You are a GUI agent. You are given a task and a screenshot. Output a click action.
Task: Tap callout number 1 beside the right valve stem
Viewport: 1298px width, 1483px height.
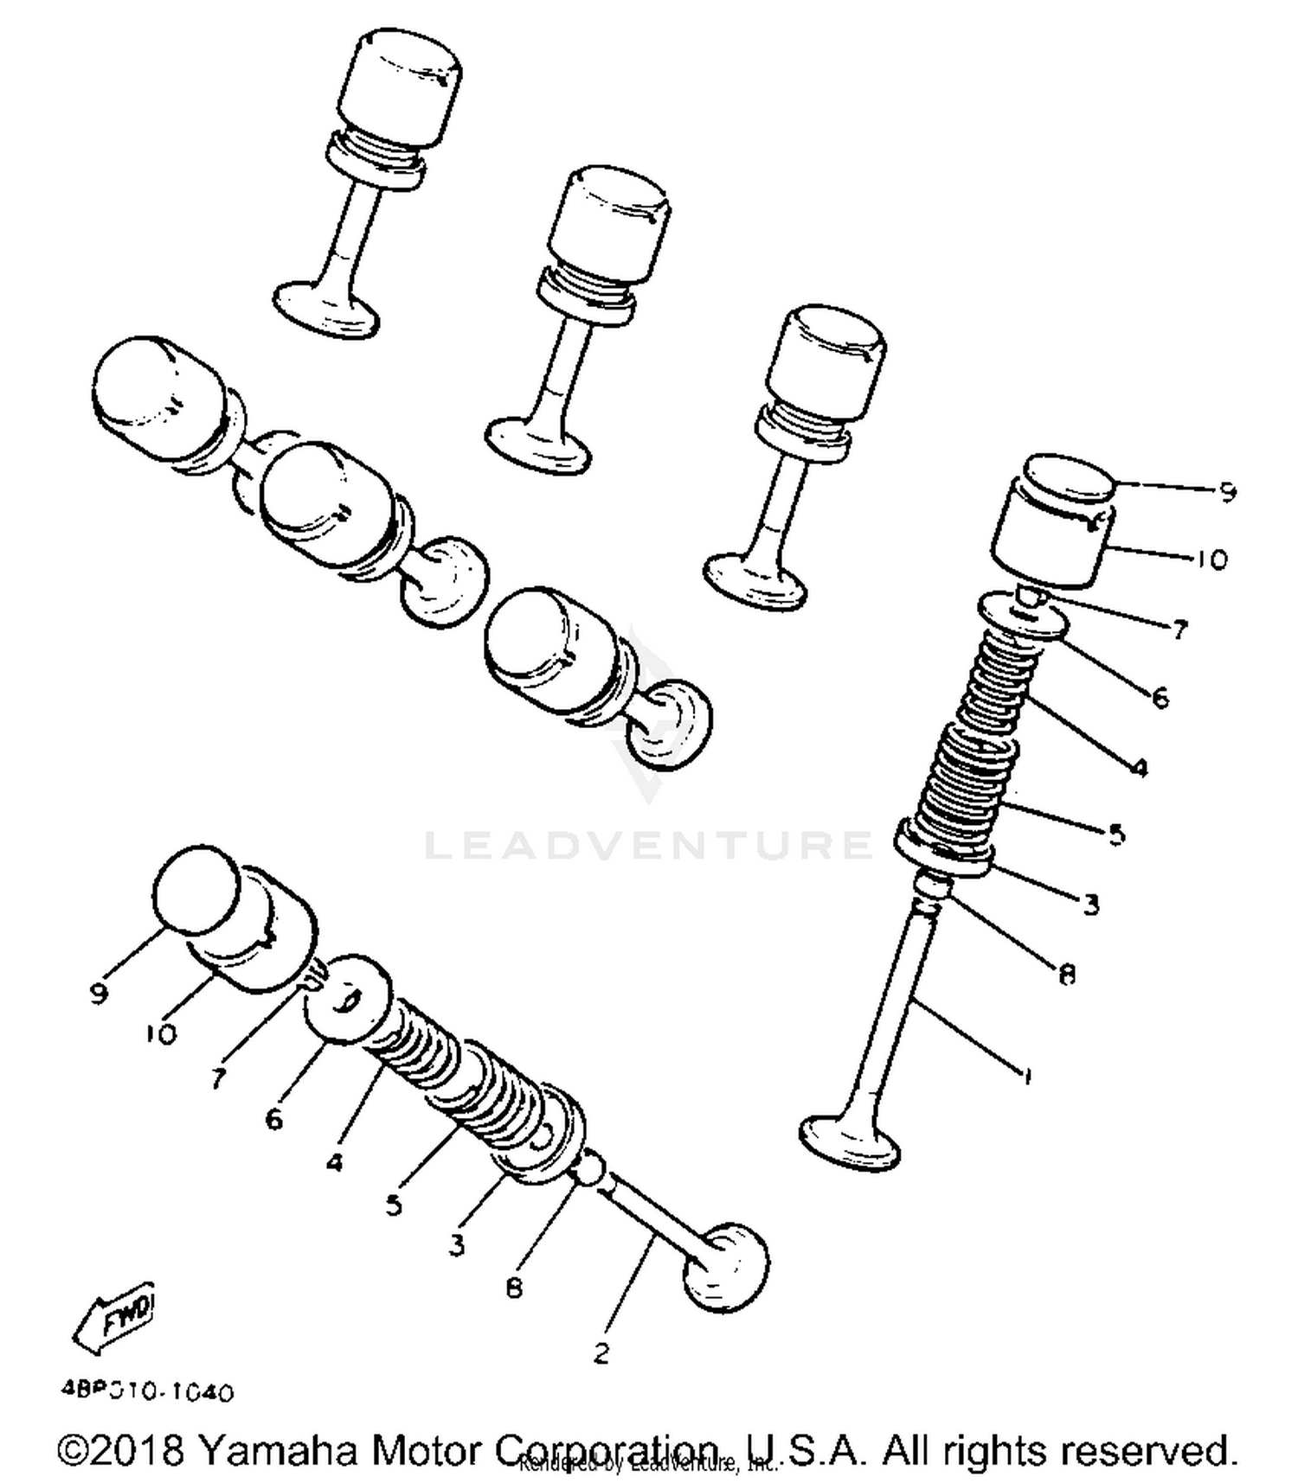click(x=1026, y=1077)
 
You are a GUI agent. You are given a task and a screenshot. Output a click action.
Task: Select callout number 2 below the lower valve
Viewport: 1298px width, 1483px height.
click(x=601, y=1353)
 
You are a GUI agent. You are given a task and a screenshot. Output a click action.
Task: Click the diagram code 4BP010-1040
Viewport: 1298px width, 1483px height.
click(x=148, y=1393)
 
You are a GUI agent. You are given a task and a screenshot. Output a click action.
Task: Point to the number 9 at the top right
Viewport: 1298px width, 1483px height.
click(x=1227, y=492)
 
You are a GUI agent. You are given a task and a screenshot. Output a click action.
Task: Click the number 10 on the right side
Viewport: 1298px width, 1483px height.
click(x=1211, y=559)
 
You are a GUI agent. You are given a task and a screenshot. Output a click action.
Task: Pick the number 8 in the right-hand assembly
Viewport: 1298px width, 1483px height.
click(x=1067, y=975)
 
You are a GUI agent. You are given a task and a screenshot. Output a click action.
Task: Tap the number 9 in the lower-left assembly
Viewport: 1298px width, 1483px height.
click(x=99, y=994)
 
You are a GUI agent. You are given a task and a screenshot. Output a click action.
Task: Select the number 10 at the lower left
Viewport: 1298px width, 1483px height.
click(x=161, y=1033)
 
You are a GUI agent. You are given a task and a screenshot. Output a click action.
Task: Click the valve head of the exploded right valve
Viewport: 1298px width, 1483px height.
click(x=851, y=1143)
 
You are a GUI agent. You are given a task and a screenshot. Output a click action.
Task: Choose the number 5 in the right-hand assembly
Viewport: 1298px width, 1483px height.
click(x=1116, y=834)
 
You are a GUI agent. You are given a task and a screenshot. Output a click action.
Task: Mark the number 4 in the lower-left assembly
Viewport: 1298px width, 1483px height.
click(x=335, y=1162)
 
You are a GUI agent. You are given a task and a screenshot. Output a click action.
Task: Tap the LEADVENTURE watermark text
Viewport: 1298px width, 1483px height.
click(x=649, y=845)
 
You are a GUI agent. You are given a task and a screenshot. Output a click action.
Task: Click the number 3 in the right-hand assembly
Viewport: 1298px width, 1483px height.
click(x=1091, y=905)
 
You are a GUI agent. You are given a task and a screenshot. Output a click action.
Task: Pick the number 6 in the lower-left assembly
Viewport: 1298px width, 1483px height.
click(x=273, y=1120)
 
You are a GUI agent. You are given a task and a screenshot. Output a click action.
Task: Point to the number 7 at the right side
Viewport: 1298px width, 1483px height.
click(x=1180, y=630)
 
